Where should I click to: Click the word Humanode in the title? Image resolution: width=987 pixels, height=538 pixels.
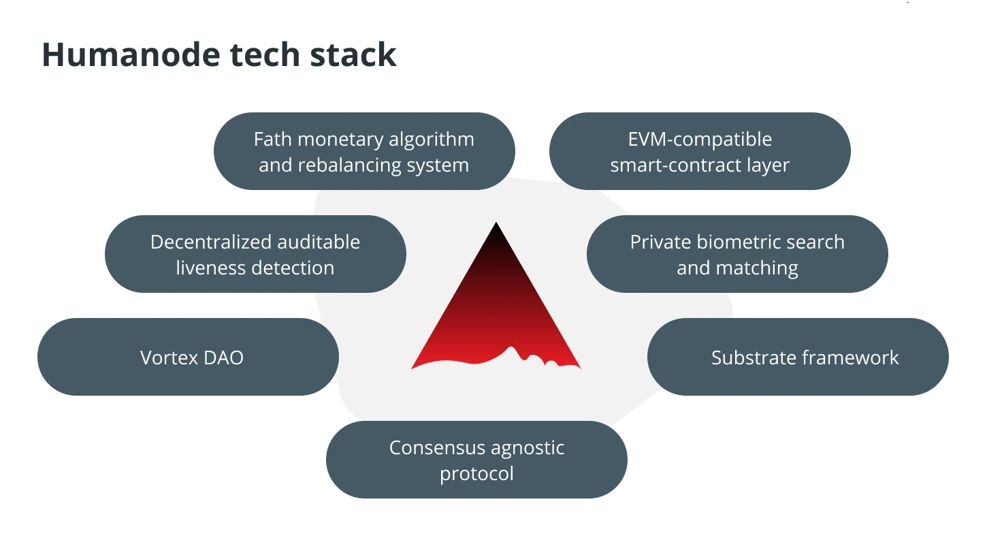[131, 54]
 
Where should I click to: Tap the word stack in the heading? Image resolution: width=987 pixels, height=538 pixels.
[353, 54]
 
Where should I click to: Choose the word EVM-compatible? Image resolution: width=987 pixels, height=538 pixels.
[700, 140]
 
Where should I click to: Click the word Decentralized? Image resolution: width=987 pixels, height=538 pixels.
[210, 242]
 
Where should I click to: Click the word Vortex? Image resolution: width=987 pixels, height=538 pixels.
[169, 358]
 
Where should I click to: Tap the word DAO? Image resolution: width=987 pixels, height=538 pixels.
[223, 358]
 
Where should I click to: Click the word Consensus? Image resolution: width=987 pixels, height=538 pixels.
[436, 448]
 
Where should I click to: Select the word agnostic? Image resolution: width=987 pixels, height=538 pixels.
[528, 449]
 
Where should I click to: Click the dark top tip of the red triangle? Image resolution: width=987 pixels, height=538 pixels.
[496, 223]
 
